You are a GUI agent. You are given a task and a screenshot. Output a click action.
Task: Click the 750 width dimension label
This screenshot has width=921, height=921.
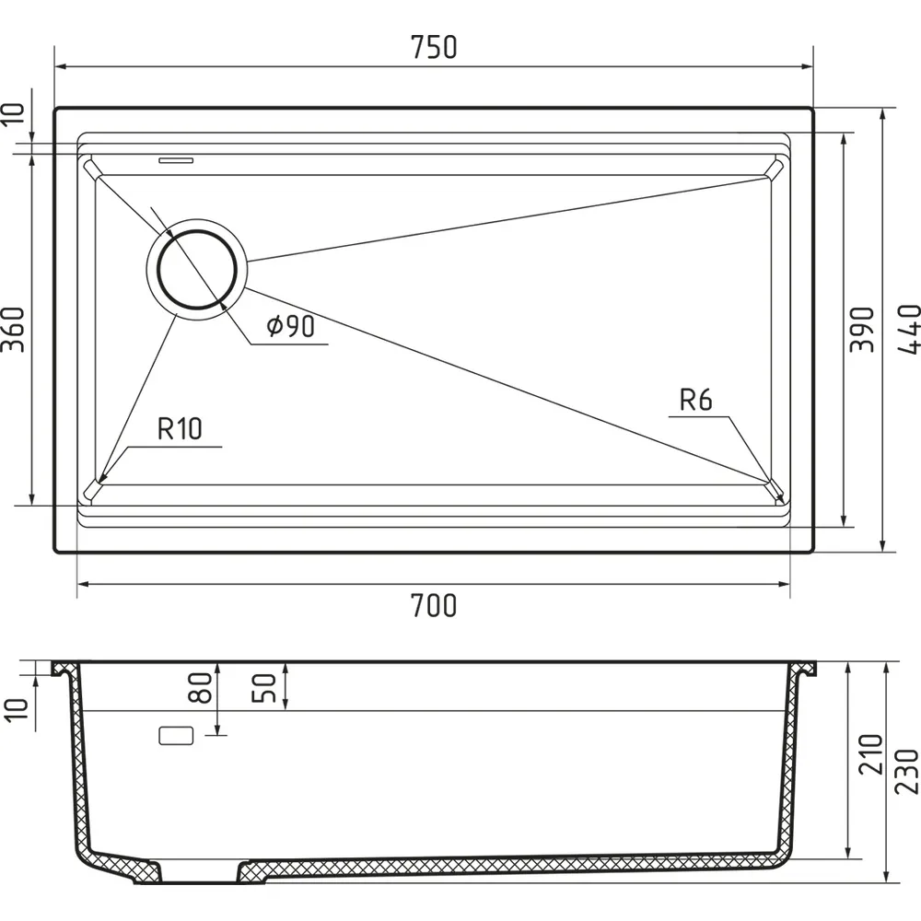coord(434,48)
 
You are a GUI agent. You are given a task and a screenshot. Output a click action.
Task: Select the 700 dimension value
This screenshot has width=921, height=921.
coord(434,606)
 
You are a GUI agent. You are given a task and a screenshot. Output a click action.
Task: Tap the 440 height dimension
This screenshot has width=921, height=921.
coord(908,329)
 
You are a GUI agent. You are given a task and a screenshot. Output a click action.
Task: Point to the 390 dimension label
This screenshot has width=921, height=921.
coord(862,329)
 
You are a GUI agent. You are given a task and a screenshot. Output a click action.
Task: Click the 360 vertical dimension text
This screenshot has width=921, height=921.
coord(14,329)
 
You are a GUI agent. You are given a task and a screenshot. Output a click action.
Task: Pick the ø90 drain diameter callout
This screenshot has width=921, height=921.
coord(291,326)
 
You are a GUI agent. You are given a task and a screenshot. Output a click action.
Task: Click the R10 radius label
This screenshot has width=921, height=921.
coord(180,428)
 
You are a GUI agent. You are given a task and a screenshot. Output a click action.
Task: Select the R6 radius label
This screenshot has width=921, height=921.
coord(695,400)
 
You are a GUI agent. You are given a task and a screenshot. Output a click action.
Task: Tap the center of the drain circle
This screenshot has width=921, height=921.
coord(197,269)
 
